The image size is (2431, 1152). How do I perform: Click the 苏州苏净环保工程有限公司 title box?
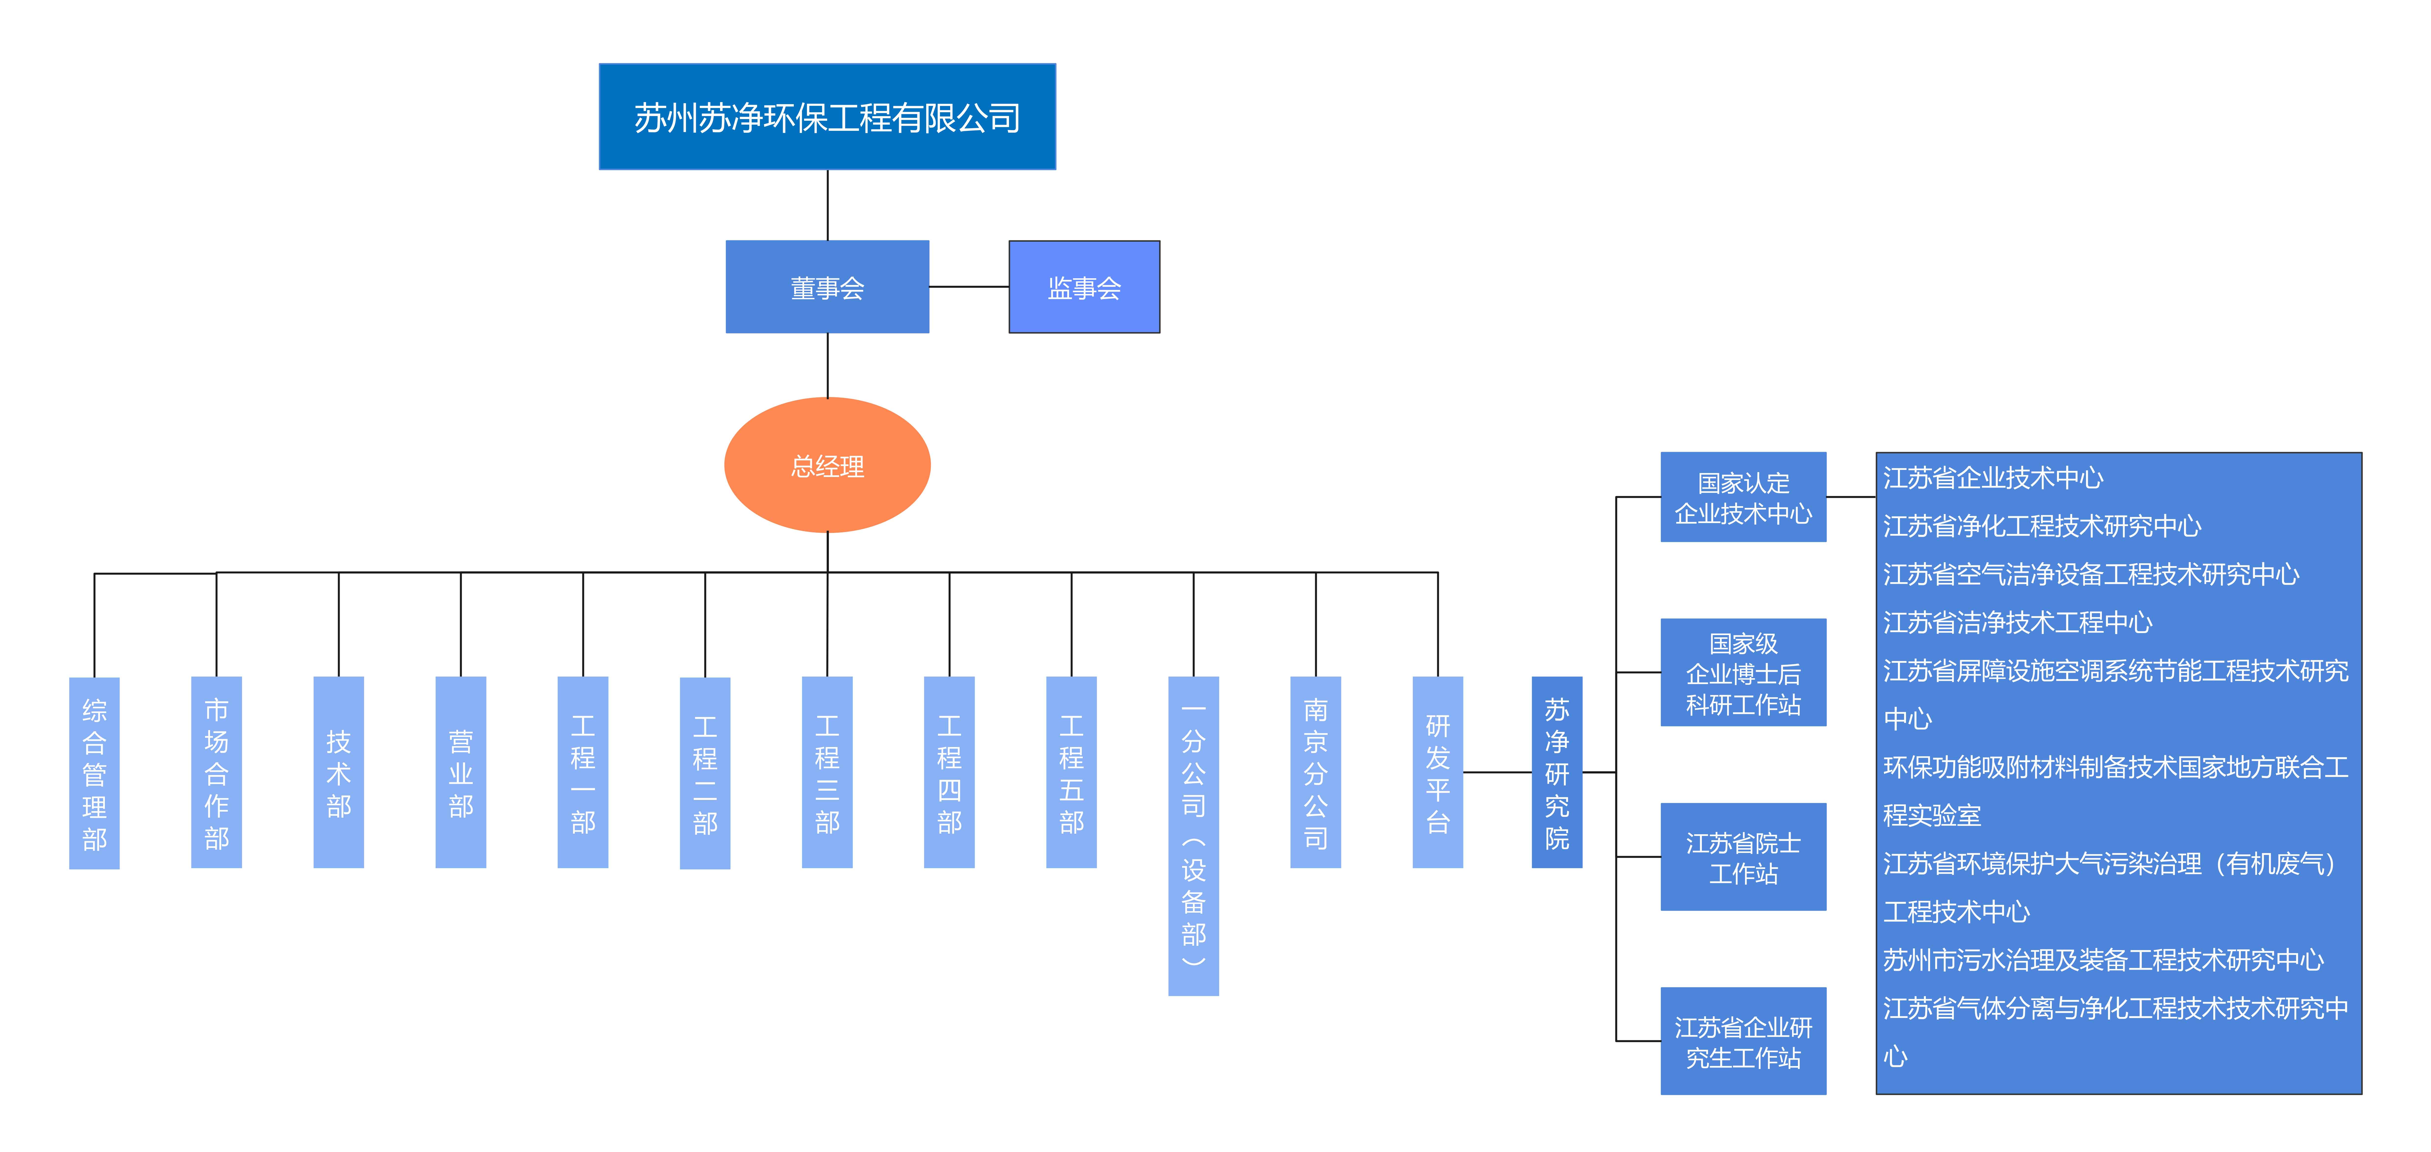pyautogui.click(x=827, y=117)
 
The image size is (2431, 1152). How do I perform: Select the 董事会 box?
pyautogui.click(x=827, y=287)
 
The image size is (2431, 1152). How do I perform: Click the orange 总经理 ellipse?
pyautogui.click(x=827, y=465)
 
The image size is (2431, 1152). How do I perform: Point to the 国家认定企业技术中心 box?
pyautogui.click(x=1743, y=497)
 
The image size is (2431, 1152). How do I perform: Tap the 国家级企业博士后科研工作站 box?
pyautogui.click(x=1743, y=673)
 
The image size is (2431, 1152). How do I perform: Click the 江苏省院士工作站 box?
pyautogui.click(x=1743, y=857)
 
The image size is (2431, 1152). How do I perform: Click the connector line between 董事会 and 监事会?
pyautogui.click(x=969, y=287)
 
